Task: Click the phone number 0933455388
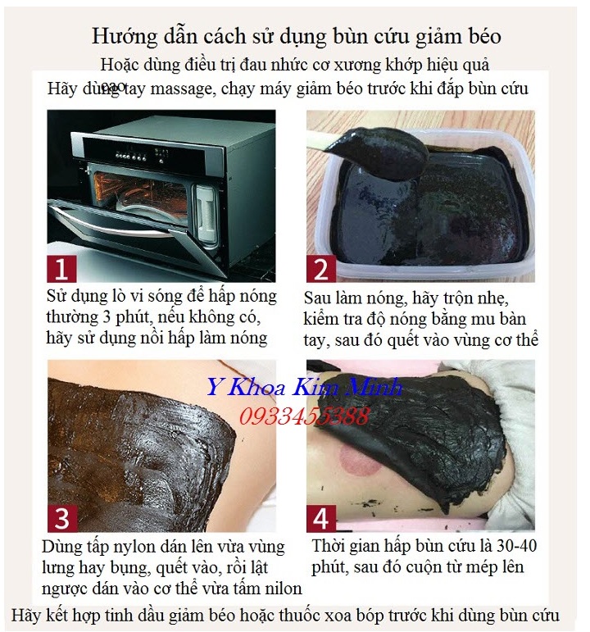[304, 416]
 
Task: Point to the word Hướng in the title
[122, 37]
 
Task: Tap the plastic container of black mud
[422, 213]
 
